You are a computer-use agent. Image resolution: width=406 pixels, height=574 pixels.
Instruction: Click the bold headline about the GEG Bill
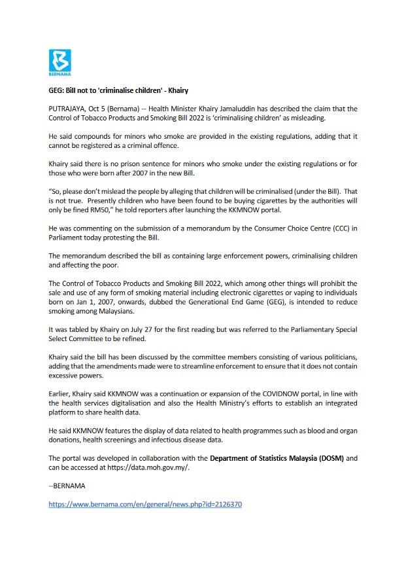pos(118,90)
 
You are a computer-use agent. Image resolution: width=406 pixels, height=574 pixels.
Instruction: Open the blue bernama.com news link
pos(145,505)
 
